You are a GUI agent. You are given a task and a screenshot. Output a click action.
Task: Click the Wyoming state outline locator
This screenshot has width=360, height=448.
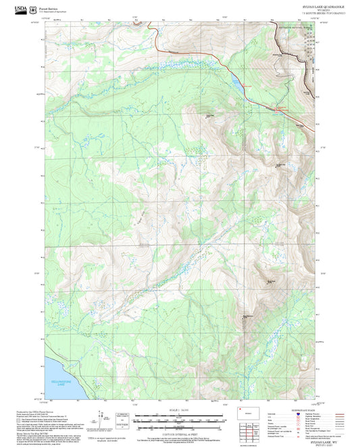point(247,411)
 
